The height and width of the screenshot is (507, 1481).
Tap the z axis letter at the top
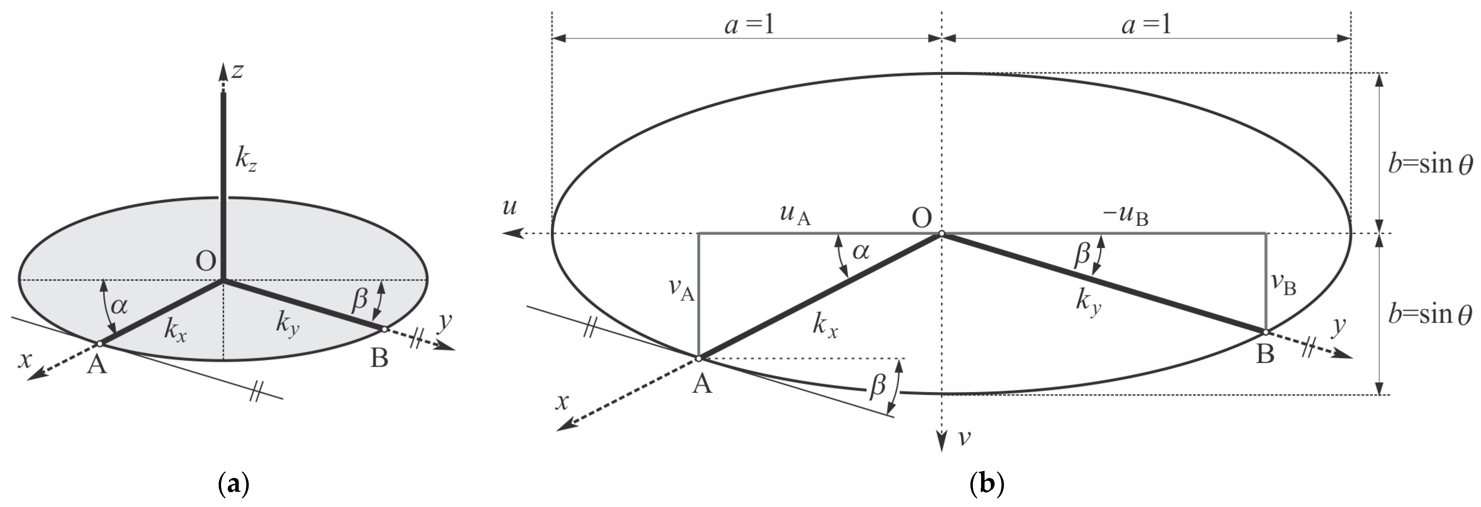[x=237, y=71]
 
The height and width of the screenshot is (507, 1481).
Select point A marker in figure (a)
[x=99, y=344]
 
